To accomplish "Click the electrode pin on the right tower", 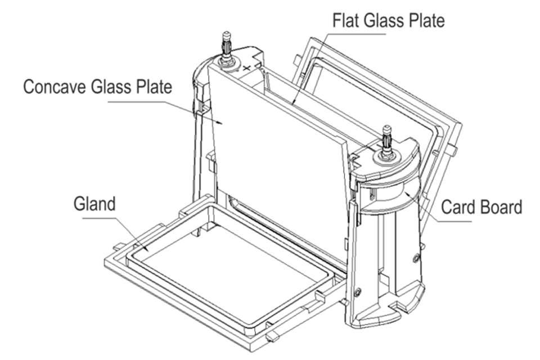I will coord(387,138).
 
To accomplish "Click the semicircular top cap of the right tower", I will coord(394,160).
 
